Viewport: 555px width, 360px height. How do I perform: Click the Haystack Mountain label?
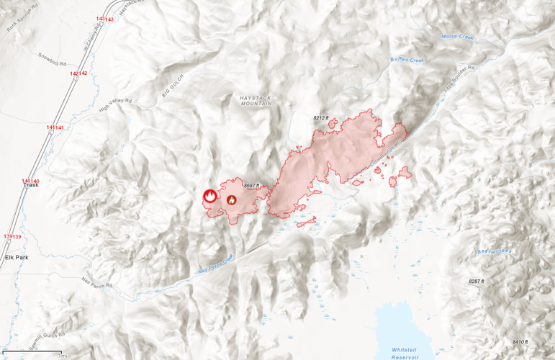pyautogui.click(x=256, y=99)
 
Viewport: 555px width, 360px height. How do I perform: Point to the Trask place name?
pyautogui.click(x=31, y=185)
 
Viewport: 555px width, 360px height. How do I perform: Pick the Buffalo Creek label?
pyautogui.click(x=407, y=60)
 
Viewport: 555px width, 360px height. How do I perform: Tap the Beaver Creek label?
pyautogui.click(x=495, y=251)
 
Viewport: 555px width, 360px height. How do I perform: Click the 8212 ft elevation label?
pyautogui.click(x=320, y=117)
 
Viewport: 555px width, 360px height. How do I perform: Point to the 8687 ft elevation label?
pyautogui.click(x=251, y=186)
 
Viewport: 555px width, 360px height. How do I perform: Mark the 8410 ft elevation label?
pyautogui.click(x=519, y=341)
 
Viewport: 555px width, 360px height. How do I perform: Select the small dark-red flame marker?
pyautogui.click(x=232, y=199)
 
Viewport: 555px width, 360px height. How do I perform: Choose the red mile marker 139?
pyautogui.click(x=12, y=236)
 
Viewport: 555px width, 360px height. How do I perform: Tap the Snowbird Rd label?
pyautogui.click(x=52, y=57)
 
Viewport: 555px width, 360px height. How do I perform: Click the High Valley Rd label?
pyautogui.click(x=115, y=106)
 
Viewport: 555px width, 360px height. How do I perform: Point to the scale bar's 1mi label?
pyautogui.click(x=63, y=356)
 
